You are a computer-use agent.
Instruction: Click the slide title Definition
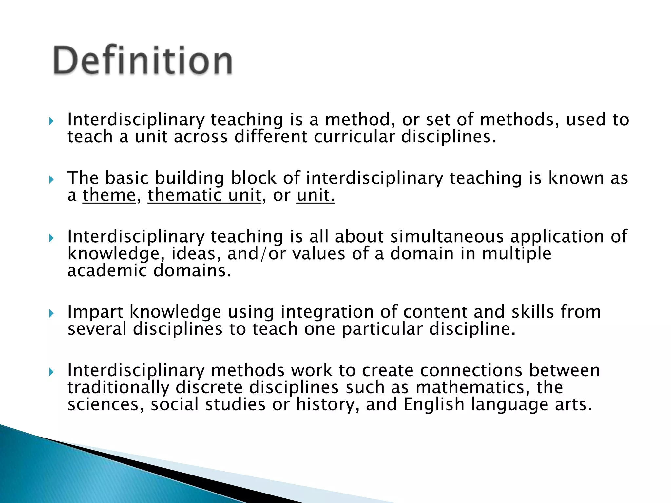(x=143, y=61)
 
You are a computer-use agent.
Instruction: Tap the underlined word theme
(x=109, y=196)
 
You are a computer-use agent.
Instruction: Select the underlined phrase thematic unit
(x=204, y=196)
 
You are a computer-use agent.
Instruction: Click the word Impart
(x=95, y=312)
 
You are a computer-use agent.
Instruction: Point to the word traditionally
(x=118, y=388)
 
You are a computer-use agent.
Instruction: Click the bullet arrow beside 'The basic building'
(x=51, y=179)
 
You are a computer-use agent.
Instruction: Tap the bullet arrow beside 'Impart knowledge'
(x=51, y=314)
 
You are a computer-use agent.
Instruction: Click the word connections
(x=471, y=371)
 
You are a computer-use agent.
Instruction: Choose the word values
(x=318, y=254)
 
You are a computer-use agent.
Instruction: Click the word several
(x=97, y=329)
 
